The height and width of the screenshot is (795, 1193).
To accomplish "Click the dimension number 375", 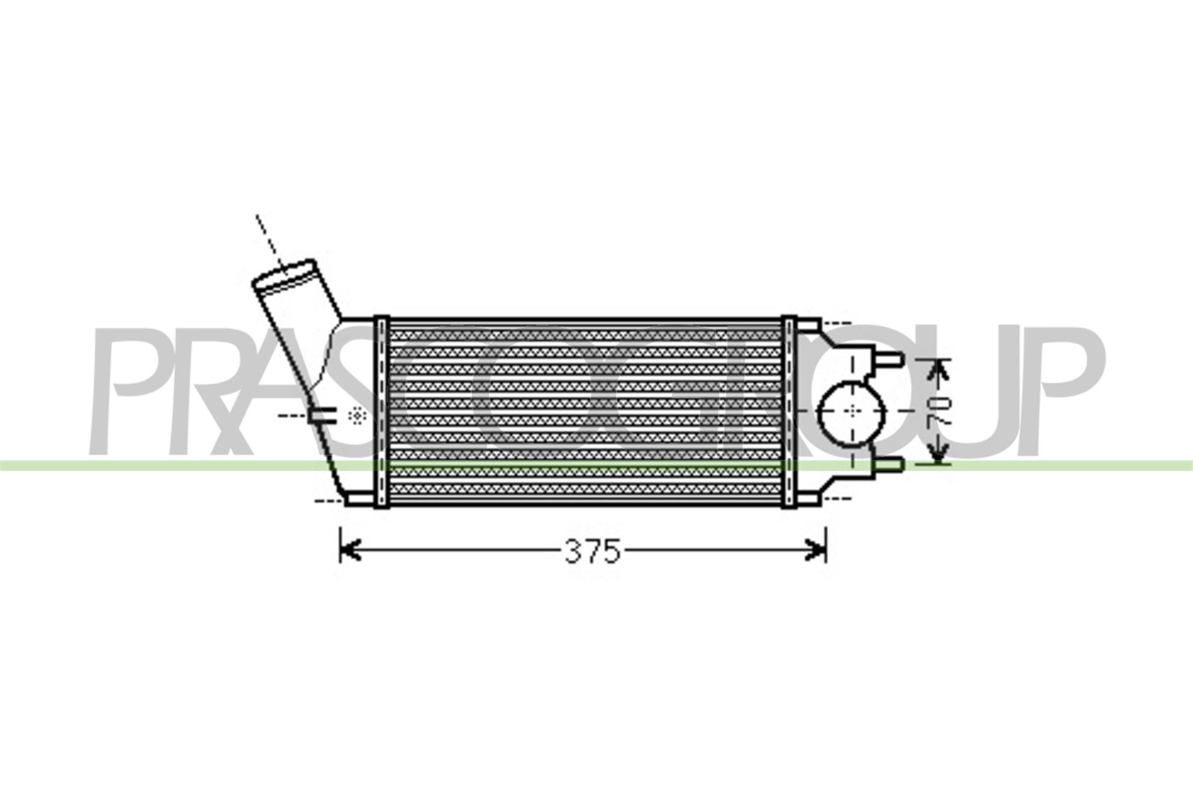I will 593,551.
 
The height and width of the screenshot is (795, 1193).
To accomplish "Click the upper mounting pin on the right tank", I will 889,360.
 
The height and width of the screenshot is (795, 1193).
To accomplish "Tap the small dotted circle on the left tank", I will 358,415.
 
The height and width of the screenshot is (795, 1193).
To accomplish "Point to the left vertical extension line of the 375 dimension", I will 341,545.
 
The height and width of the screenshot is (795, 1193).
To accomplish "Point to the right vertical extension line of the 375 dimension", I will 826,545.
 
